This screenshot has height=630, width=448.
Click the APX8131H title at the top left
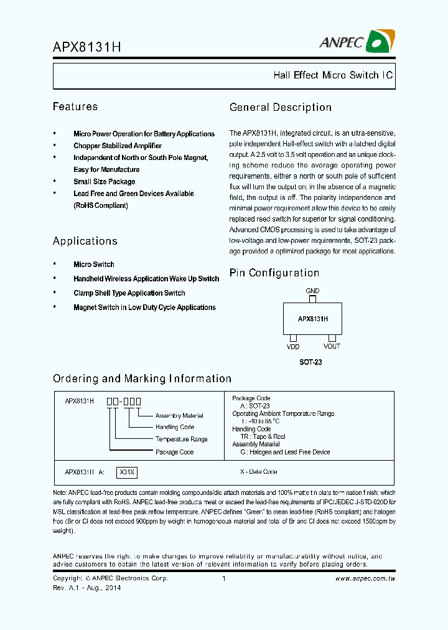point(86,47)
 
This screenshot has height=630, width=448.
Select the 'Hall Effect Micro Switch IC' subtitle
point(333,75)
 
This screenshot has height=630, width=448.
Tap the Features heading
point(75,107)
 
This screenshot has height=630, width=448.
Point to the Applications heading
point(85,241)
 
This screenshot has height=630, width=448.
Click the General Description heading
point(281,108)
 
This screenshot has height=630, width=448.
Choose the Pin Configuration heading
point(274,273)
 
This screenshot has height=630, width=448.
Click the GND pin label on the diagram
point(312,291)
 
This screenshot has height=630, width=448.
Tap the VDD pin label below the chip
point(293,347)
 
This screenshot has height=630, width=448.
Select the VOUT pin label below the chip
point(332,347)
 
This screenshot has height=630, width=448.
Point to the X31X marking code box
point(127,472)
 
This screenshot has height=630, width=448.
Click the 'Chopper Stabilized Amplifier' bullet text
point(118,146)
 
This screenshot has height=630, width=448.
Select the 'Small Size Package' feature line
point(105,182)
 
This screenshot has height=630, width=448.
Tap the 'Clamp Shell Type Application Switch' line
point(129,293)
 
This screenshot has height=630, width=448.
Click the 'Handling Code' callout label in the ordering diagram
point(175,428)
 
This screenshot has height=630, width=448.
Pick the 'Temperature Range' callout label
point(182,440)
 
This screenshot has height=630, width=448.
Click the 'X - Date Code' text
point(259,472)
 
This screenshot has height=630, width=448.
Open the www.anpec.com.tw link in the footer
point(365,579)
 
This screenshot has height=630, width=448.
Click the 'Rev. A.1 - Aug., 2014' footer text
point(87,588)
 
